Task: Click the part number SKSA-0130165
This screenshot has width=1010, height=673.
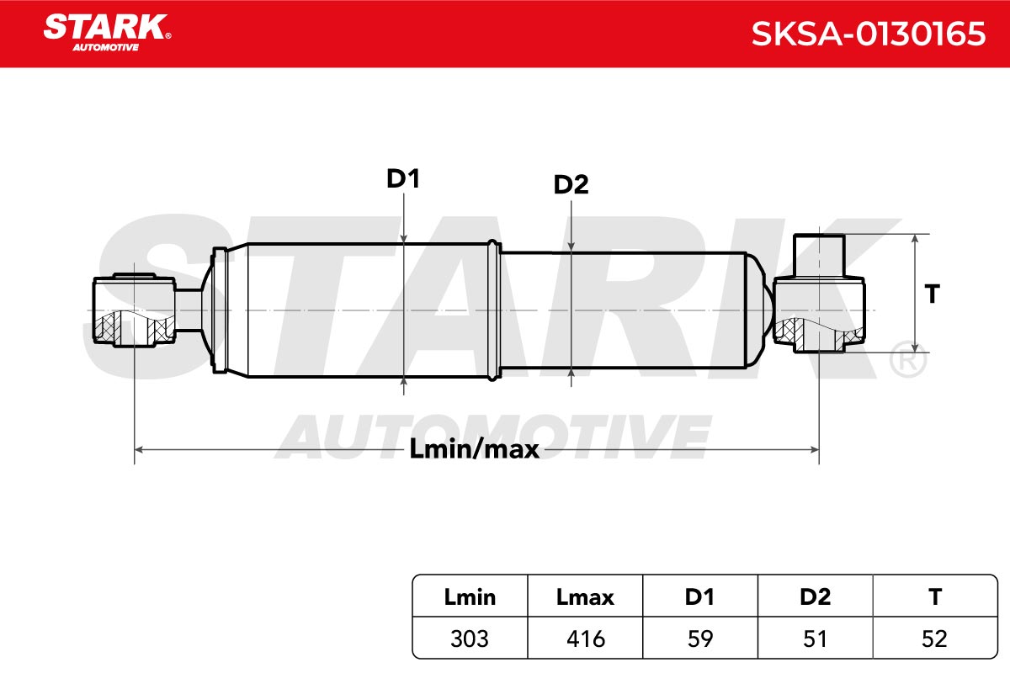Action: point(868,34)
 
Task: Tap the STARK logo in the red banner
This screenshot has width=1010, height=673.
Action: point(107,33)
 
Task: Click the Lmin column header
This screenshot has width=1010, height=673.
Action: point(470,597)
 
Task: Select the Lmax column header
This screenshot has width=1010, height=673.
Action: point(585,597)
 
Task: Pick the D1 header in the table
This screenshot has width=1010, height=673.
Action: point(699,597)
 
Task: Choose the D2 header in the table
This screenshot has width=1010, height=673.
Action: point(815,597)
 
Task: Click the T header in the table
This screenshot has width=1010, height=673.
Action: point(935,597)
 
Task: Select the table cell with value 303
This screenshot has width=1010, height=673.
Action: point(470,639)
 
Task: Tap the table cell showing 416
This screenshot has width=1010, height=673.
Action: point(585,639)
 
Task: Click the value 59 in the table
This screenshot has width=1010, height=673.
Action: point(699,639)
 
